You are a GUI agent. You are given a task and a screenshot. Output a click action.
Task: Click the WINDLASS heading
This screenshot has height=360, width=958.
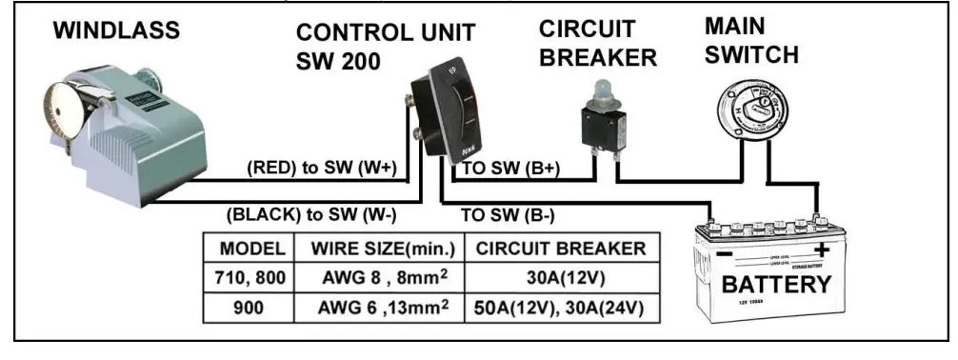116,30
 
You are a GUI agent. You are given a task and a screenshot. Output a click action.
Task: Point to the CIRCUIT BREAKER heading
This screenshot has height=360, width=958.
597,43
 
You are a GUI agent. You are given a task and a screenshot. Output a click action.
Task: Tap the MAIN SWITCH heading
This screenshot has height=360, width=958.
753,40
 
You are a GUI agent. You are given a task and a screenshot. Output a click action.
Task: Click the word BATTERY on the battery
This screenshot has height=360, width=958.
775,285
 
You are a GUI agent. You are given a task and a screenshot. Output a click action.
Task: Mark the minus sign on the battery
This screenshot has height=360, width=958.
724,256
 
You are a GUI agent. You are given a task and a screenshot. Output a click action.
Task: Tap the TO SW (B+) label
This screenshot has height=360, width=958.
511,170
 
